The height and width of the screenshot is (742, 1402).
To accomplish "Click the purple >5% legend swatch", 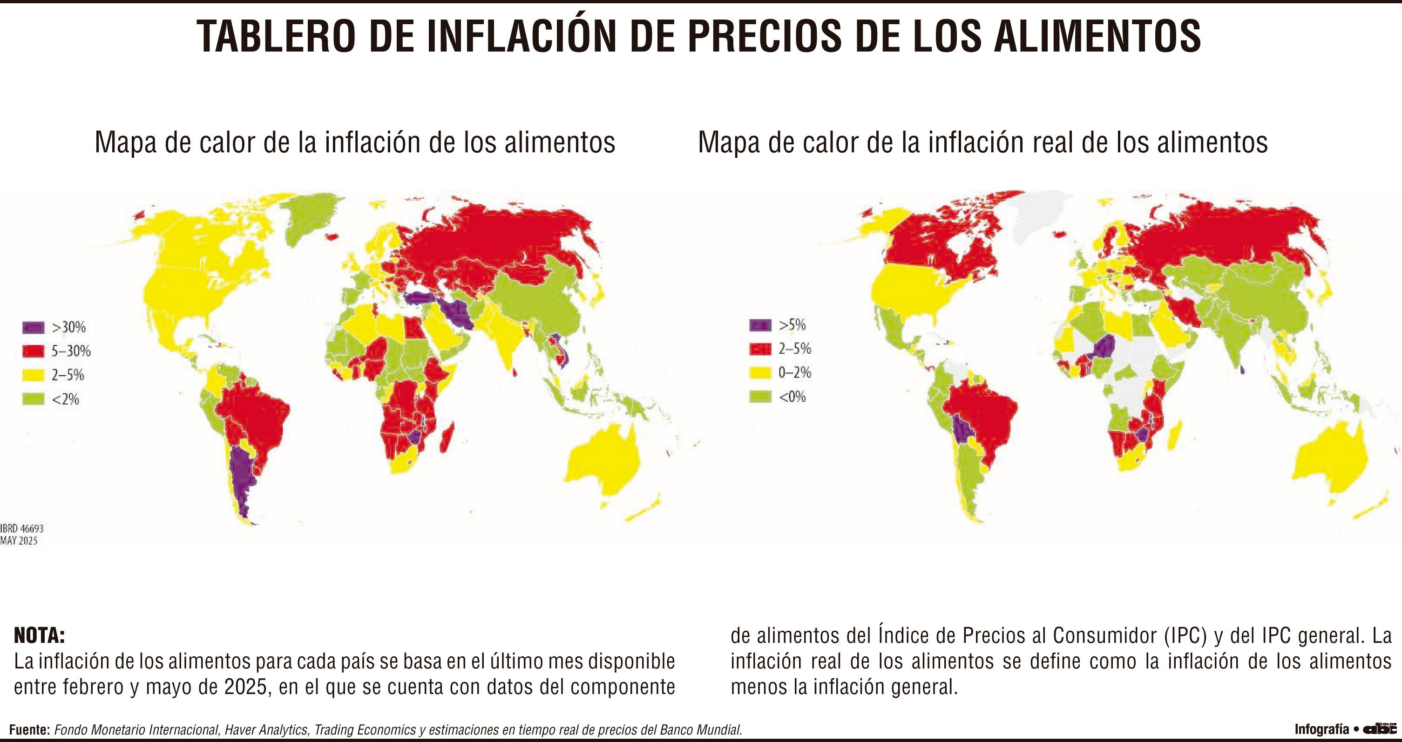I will tap(760, 325).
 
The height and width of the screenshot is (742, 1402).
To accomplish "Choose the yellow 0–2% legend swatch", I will tap(760, 373).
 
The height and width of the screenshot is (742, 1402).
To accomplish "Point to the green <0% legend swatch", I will tap(760, 397).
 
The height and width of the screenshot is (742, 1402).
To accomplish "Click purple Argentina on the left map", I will tap(239, 479).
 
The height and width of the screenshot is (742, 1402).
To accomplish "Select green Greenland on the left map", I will tap(310, 217).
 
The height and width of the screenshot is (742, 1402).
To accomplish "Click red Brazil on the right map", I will tap(980, 413).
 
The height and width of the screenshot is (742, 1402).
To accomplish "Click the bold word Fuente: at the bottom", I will tap(30, 729).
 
